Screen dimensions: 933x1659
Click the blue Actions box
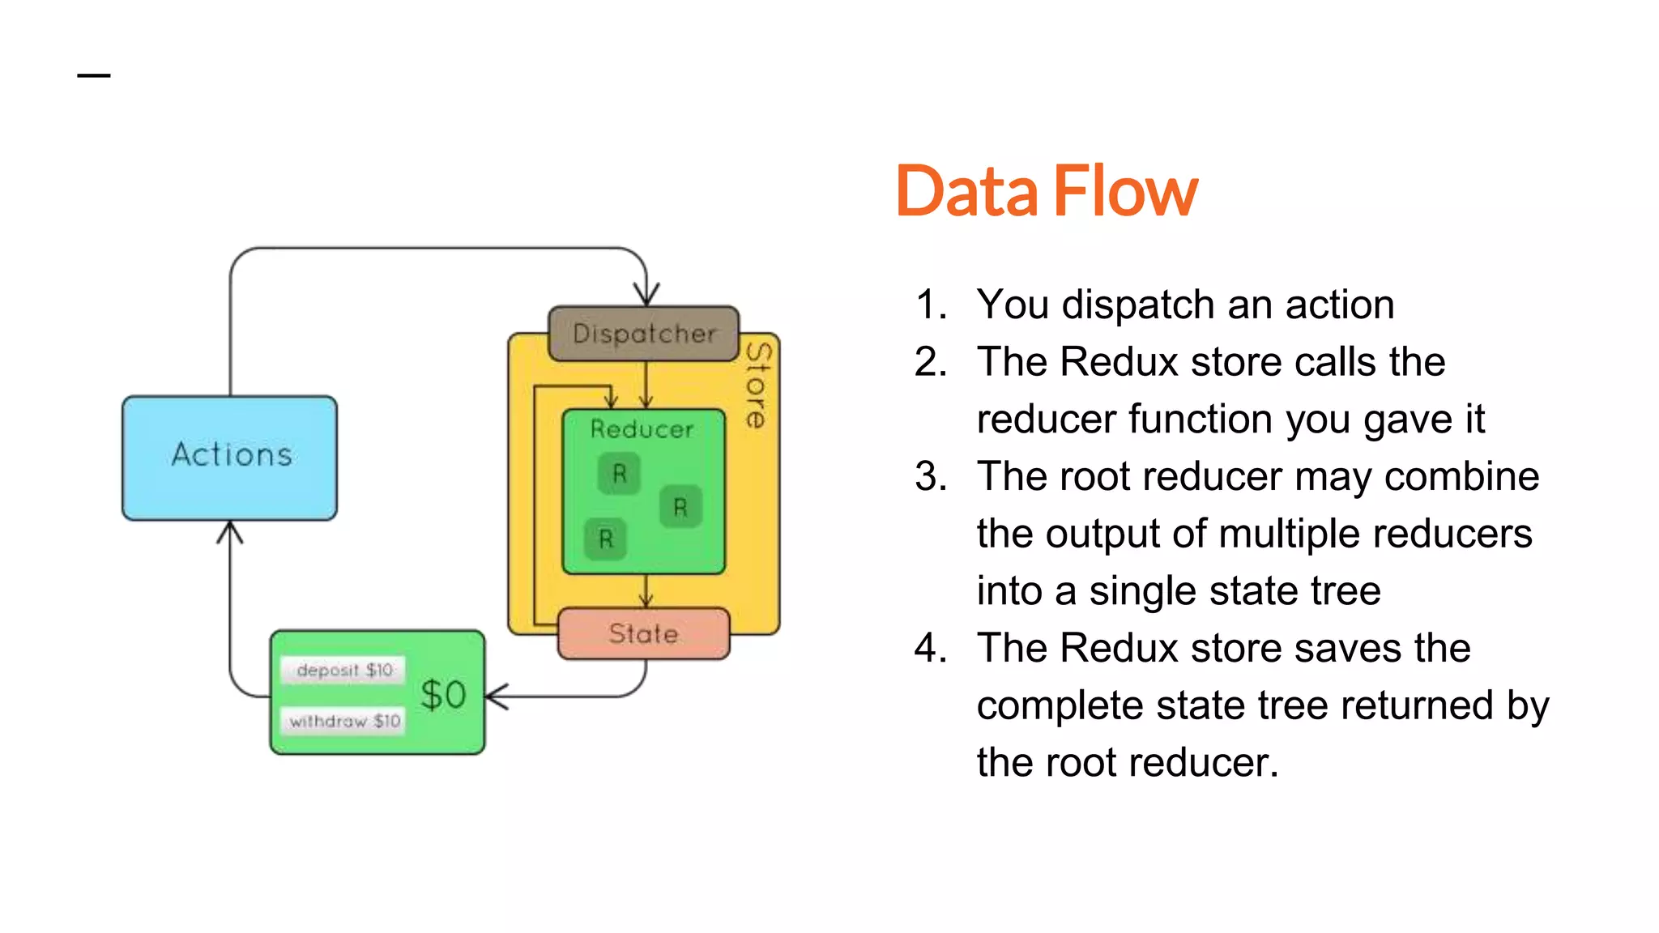(x=230, y=458)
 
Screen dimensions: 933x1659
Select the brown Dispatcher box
(x=644, y=334)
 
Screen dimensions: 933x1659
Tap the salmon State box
(x=644, y=633)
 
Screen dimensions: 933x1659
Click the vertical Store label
(x=757, y=385)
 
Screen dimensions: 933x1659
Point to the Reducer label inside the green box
(x=642, y=428)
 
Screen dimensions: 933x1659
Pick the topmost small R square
(x=619, y=474)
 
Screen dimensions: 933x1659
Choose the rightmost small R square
(x=680, y=507)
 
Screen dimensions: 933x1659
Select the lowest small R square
(x=606, y=539)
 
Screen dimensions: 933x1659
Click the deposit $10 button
(x=344, y=671)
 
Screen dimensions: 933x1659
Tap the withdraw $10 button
(x=344, y=721)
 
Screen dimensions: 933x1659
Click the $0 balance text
(x=443, y=695)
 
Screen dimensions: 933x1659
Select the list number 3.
(x=931, y=476)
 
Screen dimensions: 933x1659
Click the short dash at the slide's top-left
(x=94, y=76)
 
